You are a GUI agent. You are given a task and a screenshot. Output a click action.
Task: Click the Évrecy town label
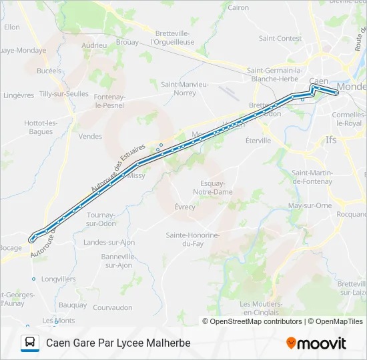point(185,207)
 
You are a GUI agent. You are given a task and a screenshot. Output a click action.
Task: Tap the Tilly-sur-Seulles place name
point(64,94)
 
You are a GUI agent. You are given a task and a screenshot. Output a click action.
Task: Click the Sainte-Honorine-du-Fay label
point(193,240)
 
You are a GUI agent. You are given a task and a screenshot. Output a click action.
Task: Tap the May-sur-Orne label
point(310,205)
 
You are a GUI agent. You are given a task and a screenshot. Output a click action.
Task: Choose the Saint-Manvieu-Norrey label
point(185,89)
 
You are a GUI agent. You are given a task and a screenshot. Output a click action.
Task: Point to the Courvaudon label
point(112,307)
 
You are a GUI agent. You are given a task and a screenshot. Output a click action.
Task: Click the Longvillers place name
point(58,279)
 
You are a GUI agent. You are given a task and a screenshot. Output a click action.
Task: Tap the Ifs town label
point(331,140)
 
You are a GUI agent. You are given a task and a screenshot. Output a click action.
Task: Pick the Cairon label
point(238,8)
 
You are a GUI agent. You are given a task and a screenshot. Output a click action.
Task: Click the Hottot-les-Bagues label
point(41,127)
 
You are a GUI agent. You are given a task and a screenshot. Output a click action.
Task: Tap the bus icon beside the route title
point(30,343)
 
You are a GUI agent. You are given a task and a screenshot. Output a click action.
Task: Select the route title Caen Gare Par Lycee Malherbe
point(118,343)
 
